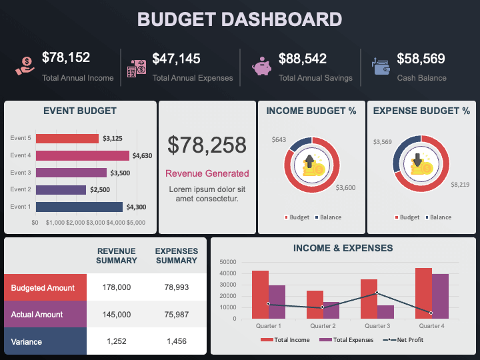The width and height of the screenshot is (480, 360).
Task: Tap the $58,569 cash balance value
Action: [x=421, y=59]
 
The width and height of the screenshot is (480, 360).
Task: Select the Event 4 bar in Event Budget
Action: [x=82, y=155]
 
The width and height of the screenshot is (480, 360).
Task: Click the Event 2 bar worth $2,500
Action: [x=61, y=189]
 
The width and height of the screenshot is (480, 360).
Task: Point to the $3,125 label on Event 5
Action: [x=112, y=139]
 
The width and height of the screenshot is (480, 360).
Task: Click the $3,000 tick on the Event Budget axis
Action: [x=95, y=222]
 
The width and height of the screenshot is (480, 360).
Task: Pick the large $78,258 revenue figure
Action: [x=207, y=145]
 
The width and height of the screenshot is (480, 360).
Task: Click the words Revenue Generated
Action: [x=207, y=173]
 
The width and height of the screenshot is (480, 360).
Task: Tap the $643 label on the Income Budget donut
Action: [x=279, y=140]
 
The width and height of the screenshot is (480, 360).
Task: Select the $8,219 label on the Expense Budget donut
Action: [x=459, y=184]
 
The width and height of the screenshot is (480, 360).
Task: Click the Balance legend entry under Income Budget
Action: [x=329, y=217]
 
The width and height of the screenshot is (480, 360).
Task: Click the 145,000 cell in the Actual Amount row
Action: [x=117, y=315]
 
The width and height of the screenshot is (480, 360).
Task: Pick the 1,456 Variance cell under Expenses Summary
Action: [x=176, y=341]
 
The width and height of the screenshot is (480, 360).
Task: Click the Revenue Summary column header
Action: [x=117, y=256]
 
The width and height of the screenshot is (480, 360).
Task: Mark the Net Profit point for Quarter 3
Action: [x=377, y=293]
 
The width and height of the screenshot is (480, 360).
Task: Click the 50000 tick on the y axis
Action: [x=227, y=262]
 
